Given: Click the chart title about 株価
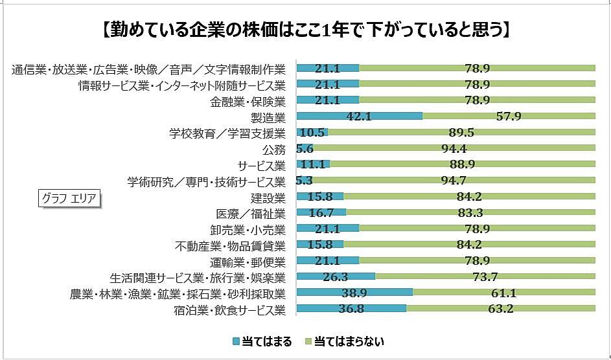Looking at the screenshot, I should (305, 30).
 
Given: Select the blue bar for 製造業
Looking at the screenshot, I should (360, 117).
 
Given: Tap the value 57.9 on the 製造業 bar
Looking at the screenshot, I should (509, 117).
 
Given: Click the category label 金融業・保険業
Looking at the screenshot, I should (248, 100).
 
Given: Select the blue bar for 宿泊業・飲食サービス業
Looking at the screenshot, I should (351, 308).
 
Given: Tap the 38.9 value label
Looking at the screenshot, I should (354, 293).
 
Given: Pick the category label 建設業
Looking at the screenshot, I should (268, 197).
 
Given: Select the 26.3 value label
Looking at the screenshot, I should (336, 276).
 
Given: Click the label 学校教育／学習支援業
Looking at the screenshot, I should (227, 133).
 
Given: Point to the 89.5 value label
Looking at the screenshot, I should (461, 133).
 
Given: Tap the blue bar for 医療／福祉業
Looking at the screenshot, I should (321, 212).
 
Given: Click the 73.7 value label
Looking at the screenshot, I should (485, 276).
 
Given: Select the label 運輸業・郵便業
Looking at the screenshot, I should (248, 261).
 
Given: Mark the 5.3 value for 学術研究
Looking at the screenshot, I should (305, 181).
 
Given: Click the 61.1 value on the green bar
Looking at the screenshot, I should (503, 293).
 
